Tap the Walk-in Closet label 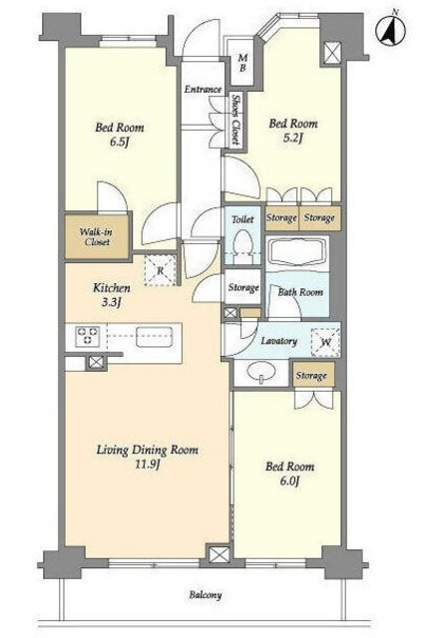(x=96, y=237)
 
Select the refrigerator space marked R (x=161, y=270)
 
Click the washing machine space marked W (x=325, y=343)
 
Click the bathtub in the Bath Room (x=298, y=250)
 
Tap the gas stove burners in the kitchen (x=87, y=336)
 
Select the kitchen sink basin (x=154, y=337)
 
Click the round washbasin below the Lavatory (x=261, y=372)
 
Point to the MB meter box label (x=242, y=63)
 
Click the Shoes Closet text (x=235, y=120)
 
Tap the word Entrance (x=203, y=89)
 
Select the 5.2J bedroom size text (x=293, y=139)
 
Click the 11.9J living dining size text (x=147, y=465)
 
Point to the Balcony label (x=206, y=595)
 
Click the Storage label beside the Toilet (x=243, y=288)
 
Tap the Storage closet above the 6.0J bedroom (x=311, y=375)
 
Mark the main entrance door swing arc (x=194, y=37)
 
